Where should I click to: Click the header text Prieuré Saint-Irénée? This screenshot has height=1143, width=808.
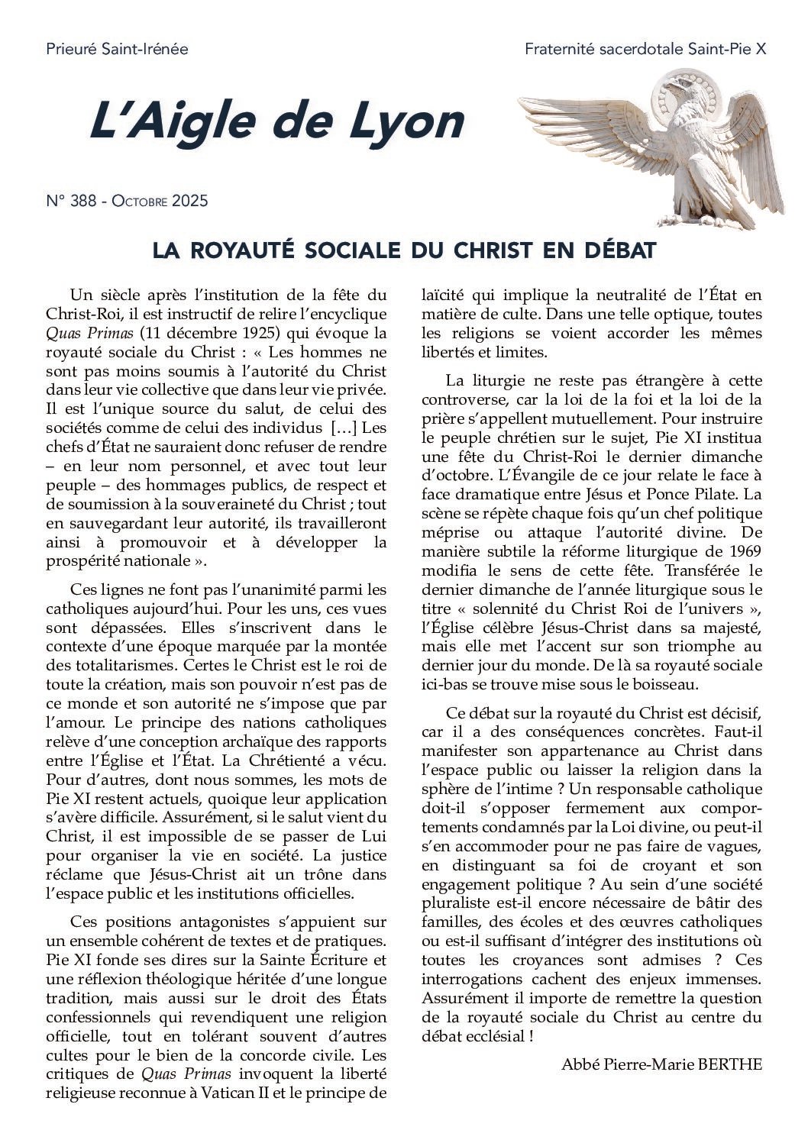pyautogui.click(x=117, y=50)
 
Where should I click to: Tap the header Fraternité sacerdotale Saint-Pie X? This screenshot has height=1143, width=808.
pyautogui.click(x=645, y=50)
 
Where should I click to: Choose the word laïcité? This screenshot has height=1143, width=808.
pyautogui.click(x=444, y=295)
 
